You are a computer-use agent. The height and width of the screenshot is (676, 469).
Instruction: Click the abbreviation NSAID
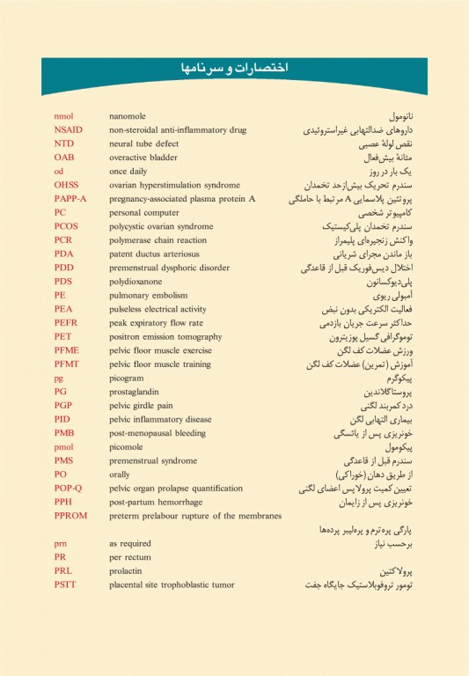(x=68, y=129)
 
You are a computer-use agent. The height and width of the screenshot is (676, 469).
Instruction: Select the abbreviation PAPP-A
(x=70, y=199)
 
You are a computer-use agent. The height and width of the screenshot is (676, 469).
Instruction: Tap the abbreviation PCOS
(x=67, y=226)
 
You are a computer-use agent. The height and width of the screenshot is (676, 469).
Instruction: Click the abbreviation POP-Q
(x=68, y=488)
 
